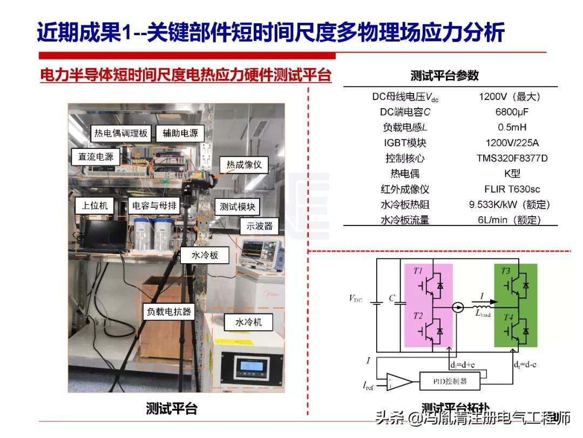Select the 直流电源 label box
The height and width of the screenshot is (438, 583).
[96, 157]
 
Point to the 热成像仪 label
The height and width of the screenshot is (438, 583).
[244, 165]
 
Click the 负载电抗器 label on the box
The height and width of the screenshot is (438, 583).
[169, 312]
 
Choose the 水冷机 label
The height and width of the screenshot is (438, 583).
[248, 322]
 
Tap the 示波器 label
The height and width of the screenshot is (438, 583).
[260, 226]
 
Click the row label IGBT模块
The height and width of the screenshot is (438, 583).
[405, 143]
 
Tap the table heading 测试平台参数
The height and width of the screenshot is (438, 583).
[444, 76]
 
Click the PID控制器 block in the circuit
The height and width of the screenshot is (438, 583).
[450, 381]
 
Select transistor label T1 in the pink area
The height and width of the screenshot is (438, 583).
[418, 270]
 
